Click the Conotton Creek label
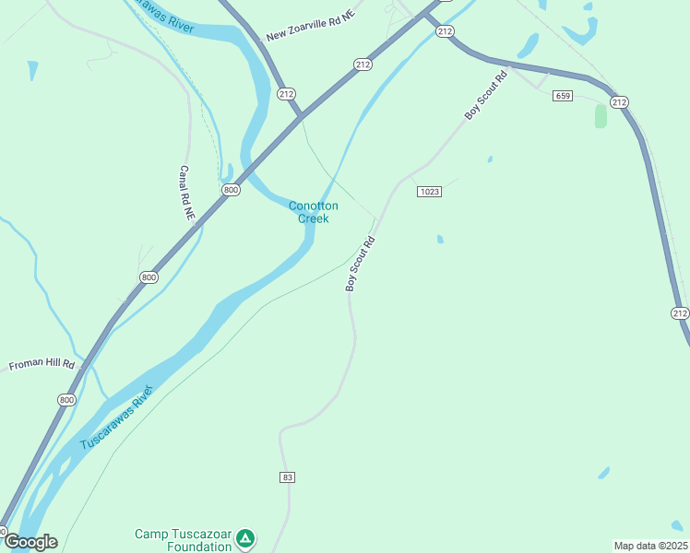click(314, 212)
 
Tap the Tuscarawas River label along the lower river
click(115, 418)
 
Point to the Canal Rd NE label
click(187, 192)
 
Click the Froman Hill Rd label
click(42, 365)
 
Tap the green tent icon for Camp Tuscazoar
click(244, 537)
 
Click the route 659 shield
click(563, 96)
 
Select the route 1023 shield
click(429, 192)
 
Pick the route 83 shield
click(288, 477)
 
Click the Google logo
click(30, 542)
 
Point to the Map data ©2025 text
click(650, 546)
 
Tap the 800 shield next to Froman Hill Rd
click(65, 399)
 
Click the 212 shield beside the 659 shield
click(618, 102)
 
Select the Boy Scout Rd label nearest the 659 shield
click(486, 96)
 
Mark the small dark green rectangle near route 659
click(601, 116)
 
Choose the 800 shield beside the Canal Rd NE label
click(231, 190)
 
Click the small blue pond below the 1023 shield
click(440, 239)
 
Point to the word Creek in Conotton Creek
click(314, 218)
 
